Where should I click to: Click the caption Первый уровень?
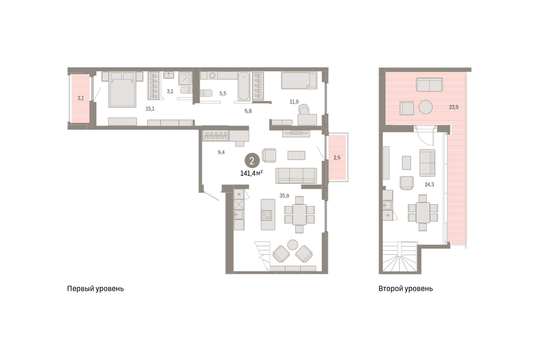pyautogui.click(x=95, y=289)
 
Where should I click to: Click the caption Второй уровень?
pyautogui.click(x=406, y=289)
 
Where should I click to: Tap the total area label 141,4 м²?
pyautogui.click(x=252, y=173)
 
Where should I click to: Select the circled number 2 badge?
pyautogui.click(x=252, y=161)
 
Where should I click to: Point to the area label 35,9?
pyautogui.click(x=284, y=196)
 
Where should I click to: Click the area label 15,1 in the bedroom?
pyautogui.click(x=150, y=109)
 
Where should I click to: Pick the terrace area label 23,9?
pyautogui.click(x=454, y=107)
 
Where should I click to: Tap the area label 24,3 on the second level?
pyautogui.click(x=429, y=184)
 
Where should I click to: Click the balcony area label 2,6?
pyautogui.click(x=337, y=158)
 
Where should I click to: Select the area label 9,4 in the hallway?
pyautogui.click(x=221, y=152)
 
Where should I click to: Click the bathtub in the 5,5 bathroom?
pyautogui.click(x=244, y=86)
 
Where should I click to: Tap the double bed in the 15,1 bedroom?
pyautogui.click(x=122, y=89)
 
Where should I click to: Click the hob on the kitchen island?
pyautogui.click(x=266, y=215)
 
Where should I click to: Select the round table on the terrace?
pyautogui.click(x=425, y=107)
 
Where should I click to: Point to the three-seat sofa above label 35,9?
pyautogui.click(x=296, y=176)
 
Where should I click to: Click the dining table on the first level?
pyautogui.click(x=299, y=215)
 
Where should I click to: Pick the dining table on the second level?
pyautogui.click(x=423, y=213)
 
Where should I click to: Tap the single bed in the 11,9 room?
pyautogui.click(x=299, y=80)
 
